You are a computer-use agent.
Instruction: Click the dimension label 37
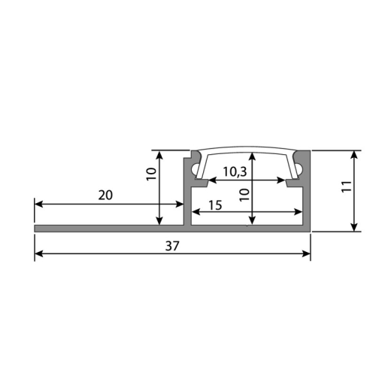[x=172, y=246]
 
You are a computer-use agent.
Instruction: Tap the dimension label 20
[x=105, y=196]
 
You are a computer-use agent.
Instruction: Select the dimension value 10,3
[x=235, y=171]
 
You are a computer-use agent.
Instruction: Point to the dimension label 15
[x=215, y=205]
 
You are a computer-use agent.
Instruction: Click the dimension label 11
[x=347, y=186]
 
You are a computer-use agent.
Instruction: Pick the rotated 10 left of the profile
[x=151, y=174]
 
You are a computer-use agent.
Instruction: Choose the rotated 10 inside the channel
[x=244, y=195]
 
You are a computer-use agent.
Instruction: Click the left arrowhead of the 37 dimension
[x=38, y=253]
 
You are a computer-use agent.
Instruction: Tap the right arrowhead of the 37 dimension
[x=306, y=253]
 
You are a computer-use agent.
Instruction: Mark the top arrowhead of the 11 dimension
[x=353, y=155]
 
